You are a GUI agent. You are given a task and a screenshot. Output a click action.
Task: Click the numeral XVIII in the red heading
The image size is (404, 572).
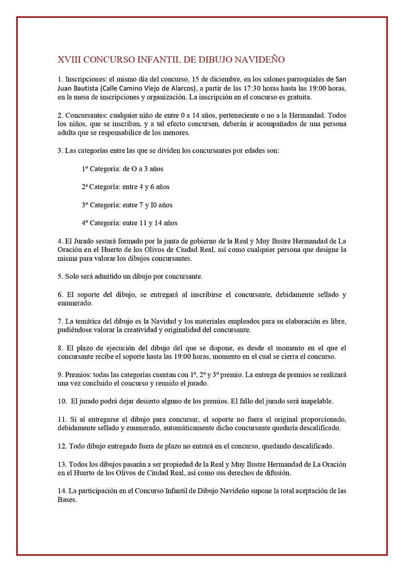(70, 59)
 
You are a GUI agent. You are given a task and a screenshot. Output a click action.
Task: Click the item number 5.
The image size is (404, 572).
(60, 276)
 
